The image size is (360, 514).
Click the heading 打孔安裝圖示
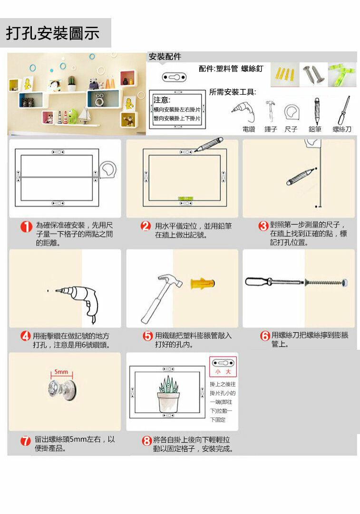(x=53, y=33)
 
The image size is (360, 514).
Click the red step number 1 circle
(x=26, y=227)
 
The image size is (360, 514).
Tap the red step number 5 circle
(x=148, y=336)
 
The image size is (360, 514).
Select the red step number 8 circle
(x=146, y=441)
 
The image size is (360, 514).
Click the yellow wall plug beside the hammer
(x=203, y=283)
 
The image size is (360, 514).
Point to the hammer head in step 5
(x=170, y=281)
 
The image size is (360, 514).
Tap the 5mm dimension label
(x=61, y=372)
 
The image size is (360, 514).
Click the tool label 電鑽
(x=249, y=129)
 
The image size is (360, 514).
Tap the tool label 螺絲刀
(x=342, y=129)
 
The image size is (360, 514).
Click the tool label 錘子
(x=271, y=129)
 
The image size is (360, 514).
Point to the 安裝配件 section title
(x=165, y=57)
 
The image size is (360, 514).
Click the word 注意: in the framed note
(x=162, y=99)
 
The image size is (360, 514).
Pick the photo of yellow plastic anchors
(x=285, y=75)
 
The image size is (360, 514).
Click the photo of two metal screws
(x=313, y=75)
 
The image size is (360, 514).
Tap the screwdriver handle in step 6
(x=259, y=282)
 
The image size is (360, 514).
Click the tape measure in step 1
(x=108, y=170)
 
